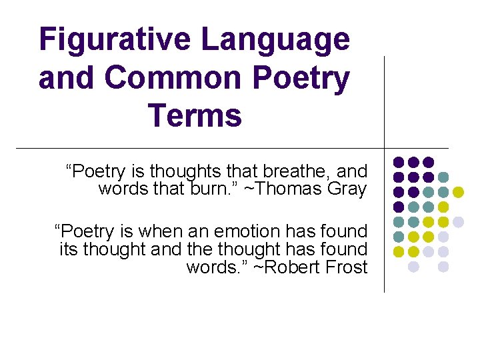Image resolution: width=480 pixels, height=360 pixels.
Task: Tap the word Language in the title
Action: (274, 39)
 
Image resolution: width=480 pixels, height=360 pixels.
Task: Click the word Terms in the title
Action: (195, 115)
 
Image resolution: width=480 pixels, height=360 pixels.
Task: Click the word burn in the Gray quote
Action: (213, 189)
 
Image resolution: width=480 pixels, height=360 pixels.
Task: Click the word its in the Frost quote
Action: (67, 249)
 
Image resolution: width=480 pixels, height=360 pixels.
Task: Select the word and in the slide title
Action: (67, 78)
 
